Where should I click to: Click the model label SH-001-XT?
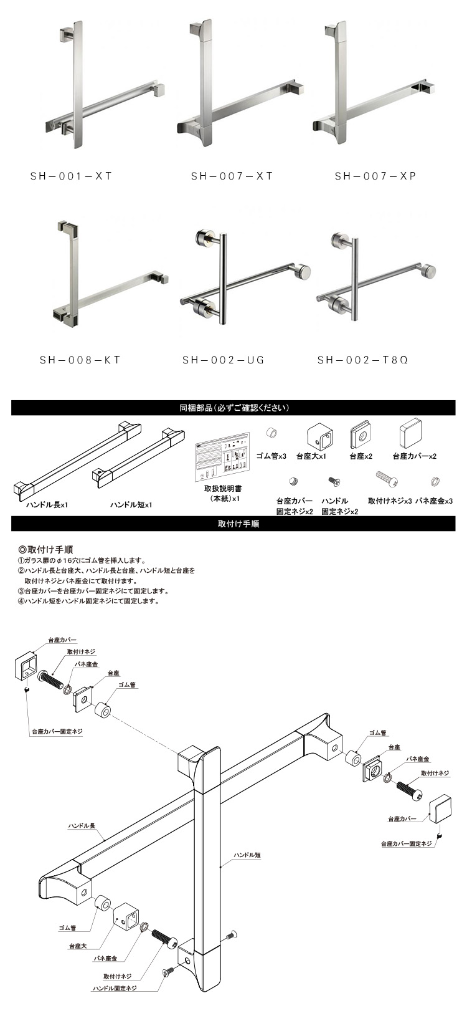tap(71, 176)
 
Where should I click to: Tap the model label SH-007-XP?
tap(375, 176)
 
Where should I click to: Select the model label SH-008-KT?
tap(80, 360)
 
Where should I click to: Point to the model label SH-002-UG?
tap(223, 360)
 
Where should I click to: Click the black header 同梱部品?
tap(233, 408)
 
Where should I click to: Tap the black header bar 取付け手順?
tap(233, 524)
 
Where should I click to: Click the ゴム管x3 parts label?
tap(271, 456)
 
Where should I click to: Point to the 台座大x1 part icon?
tap(319, 437)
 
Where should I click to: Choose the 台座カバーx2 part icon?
tap(412, 436)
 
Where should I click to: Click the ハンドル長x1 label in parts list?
tap(47, 505)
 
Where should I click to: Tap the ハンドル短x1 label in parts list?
tap(131, 505)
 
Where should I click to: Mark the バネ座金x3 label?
tap(433, 501)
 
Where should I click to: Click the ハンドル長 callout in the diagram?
tap(82, 826)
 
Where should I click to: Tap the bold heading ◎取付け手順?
tap(45, 549)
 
